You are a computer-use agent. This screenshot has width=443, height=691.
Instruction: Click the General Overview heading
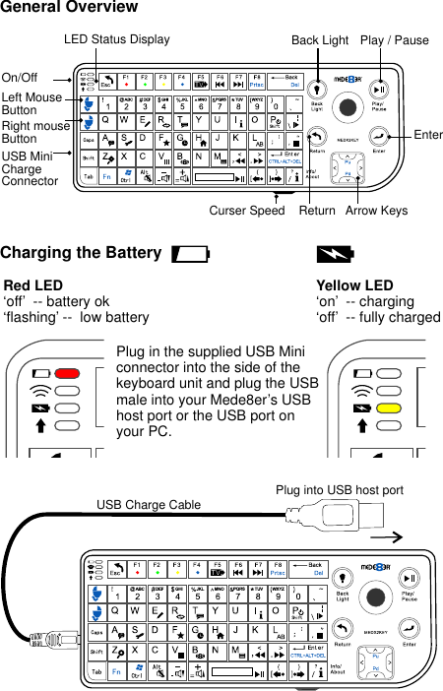coord(69,8)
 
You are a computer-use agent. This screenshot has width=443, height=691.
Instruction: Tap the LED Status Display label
coord(116,40)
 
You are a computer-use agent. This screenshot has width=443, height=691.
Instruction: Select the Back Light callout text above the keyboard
coord(320,40)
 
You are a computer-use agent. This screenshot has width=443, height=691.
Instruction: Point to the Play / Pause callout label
coord(395,40)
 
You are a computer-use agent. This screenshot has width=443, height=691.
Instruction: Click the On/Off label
coord(20,77)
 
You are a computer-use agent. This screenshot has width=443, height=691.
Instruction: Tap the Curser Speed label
coord(247,211)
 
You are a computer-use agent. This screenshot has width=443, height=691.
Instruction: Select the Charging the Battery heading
coord(81,253)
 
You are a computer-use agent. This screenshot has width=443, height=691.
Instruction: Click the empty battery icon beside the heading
coord(190,254)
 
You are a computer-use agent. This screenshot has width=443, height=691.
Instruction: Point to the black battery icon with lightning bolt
coord(335,254)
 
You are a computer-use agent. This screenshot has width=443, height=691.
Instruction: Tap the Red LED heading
coord(33,285)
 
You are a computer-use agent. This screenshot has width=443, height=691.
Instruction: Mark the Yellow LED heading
coord(354,285)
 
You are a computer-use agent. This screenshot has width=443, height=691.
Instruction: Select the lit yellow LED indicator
coord(389,408)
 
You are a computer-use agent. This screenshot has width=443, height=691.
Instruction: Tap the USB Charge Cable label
coord(148,505)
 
